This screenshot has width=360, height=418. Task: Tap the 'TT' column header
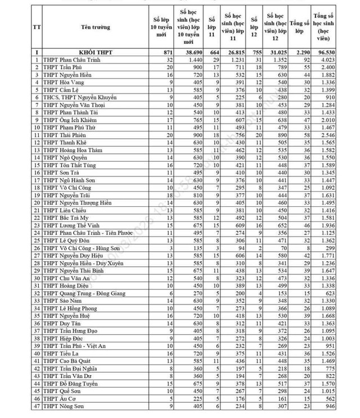(x=37, y=27)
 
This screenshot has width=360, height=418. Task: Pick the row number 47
(x=37, y=406)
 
